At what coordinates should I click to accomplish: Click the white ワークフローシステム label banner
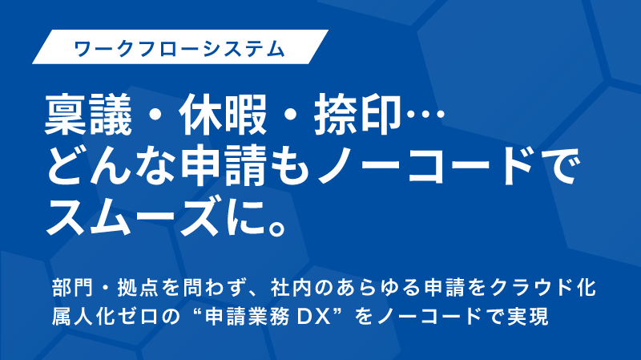click(180, 47)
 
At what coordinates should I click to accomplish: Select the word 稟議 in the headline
click(88, 115)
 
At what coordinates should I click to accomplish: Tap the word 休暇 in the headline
click(224, 115)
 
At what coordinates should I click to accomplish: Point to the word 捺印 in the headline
click(357, 115)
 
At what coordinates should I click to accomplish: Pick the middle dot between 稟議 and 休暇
click(155, 115)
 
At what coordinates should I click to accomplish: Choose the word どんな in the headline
click(111, 166)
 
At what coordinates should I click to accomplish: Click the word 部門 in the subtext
click(68, 287)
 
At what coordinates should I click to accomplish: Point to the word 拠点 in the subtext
click(134, 287)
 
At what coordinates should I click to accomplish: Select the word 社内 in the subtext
click(288, 287)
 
